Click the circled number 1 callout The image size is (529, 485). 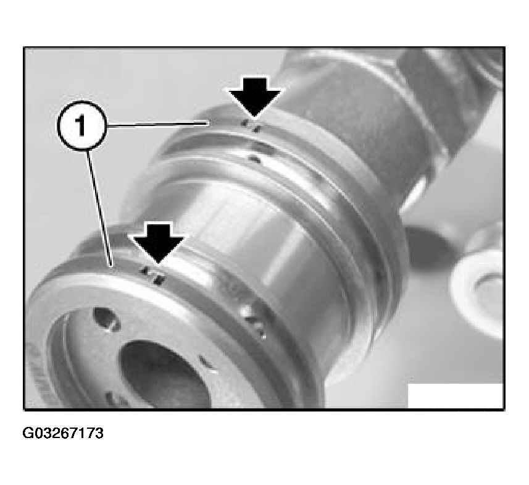pos(82,125)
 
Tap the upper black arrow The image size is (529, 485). pos(255,97)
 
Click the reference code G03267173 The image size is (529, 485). pos(63,433)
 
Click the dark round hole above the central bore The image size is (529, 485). pos(107,318)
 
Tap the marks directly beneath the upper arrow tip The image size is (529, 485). pos(251,125)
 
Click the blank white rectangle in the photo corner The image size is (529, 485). pos(456,395)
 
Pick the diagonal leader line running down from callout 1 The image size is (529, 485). pos(99,208)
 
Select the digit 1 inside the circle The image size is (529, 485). pos(80,125)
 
